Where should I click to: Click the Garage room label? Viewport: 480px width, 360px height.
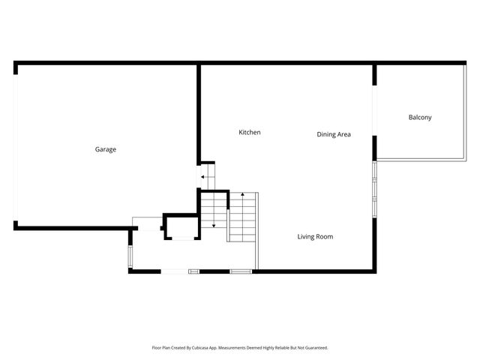click(x=105, y=149)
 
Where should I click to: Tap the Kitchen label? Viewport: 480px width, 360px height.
click(x=250, y=133)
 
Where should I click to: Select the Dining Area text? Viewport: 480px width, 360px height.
click(x=334, y=135)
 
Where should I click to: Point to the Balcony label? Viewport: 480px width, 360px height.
click(x=420, y=117)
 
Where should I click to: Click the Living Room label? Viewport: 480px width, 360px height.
click(x=315, y=237)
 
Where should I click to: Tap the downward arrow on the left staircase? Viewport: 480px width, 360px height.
click(x=214, y=223)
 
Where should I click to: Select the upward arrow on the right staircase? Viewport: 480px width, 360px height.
click(x=242, y=196)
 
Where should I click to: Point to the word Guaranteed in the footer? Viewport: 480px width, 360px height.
click(x=313, y=348)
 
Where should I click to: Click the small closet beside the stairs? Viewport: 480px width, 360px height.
click(x=181, y=226)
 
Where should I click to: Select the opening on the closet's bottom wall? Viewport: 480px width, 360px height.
click(x=181, y=239)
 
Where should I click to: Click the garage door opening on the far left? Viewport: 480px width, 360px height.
click(x=15, y=146)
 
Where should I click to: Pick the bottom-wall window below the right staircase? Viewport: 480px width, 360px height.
click(x=241, y=271)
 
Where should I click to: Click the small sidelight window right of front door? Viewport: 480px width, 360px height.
click(x=194, y=271)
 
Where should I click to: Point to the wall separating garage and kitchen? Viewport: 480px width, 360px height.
click(x=199, y=112)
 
